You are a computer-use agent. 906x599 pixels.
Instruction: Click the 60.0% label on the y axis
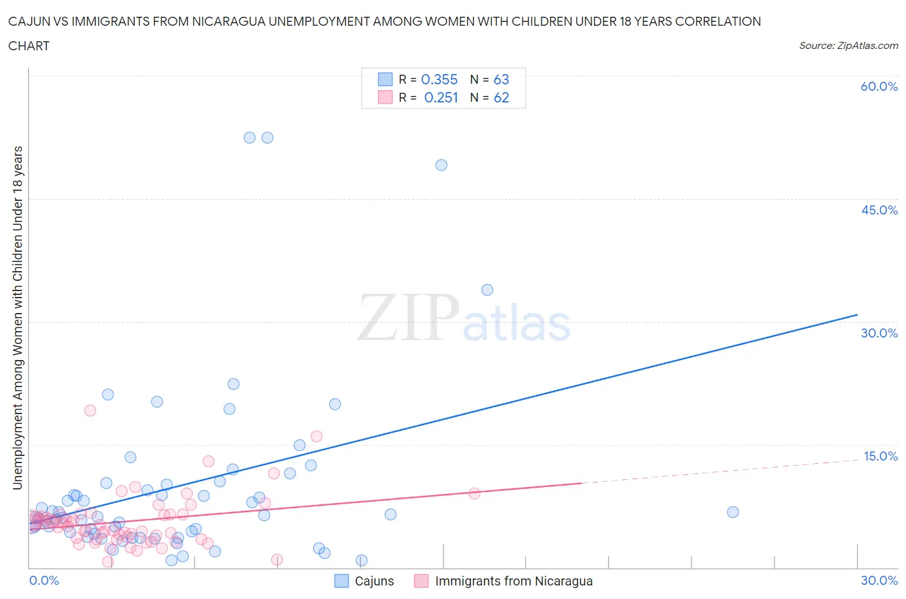click(x=879, y=86)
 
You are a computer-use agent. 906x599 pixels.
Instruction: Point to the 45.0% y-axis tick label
click(x=879, y=210)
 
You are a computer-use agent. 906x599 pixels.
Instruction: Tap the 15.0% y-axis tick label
click(x=880, y=456)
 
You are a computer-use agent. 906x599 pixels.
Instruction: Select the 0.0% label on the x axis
click(x=44, y=580)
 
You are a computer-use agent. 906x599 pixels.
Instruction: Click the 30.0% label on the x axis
click(x=879, y=580)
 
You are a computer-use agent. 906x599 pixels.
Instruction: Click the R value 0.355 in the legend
click(x=439, y=79)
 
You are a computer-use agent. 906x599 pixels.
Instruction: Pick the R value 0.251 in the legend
click(x=441, y=97)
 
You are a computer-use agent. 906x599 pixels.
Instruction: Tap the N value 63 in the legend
click(x=501, y=79)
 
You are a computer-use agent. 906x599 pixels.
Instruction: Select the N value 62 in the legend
click(x=501, y=97)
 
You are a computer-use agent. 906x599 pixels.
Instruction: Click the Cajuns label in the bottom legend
click(x=374, y=581)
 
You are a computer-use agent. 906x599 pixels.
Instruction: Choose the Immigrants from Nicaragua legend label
click(x=514, y=581)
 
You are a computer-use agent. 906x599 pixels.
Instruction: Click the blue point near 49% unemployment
click(x=441, y=165)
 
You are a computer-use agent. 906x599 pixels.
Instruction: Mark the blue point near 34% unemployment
click(x=487, y=290)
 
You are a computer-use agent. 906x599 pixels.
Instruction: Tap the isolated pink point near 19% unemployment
click(x=90, y=410)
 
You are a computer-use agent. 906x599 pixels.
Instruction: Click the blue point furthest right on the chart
click(x=733, y=512)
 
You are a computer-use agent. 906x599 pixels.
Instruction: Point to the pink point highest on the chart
click(x=90, y=410)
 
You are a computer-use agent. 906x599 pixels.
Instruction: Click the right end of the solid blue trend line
click(x=857, y=314)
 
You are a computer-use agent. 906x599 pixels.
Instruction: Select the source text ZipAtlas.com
click(x=848, y=46)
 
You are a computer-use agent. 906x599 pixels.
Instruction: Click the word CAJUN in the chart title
click(x=29, y=22)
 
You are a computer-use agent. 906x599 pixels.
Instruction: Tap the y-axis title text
click(x=17, y=318)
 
